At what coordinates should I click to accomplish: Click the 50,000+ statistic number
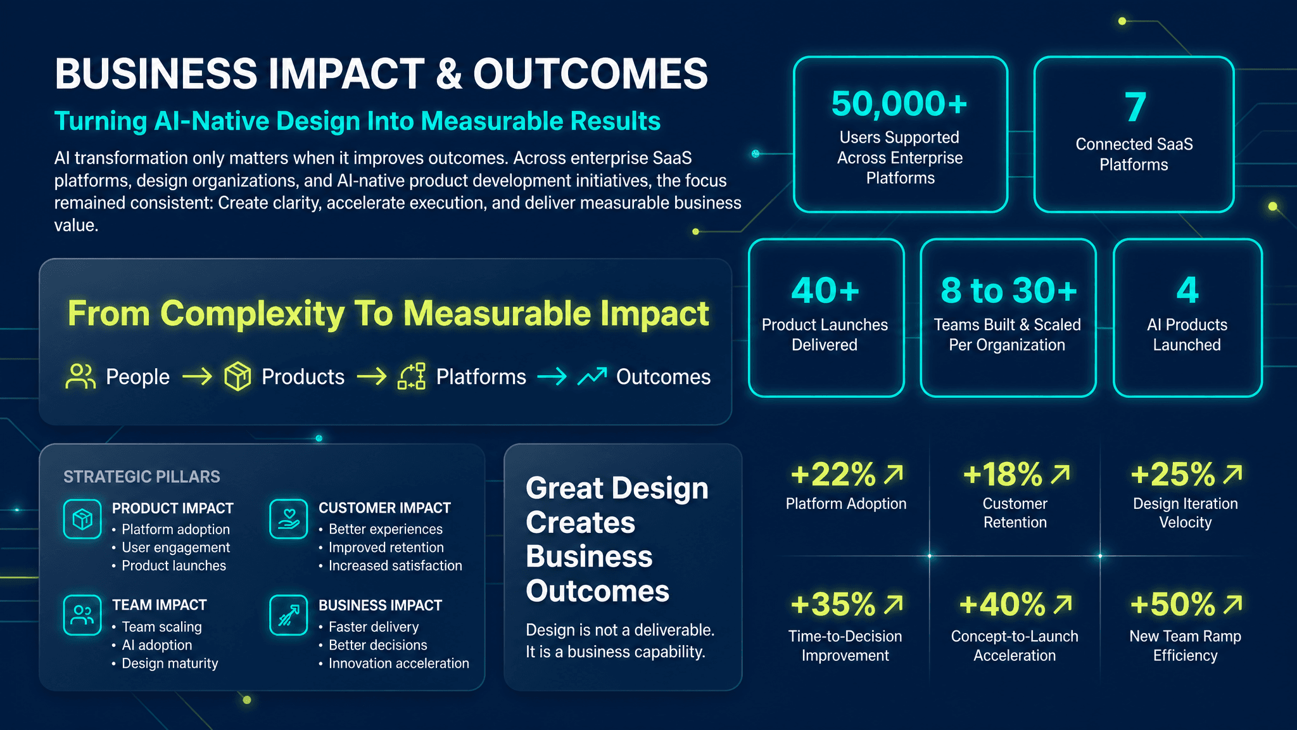(899, 104)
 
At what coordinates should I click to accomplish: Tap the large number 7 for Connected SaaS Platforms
(1135, 106)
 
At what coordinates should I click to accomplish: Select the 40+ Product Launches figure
(825, 290)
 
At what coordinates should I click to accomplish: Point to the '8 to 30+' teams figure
(1009, 290)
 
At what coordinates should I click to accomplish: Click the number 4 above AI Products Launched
(1187, 290)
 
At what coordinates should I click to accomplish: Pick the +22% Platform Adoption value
(833, 474)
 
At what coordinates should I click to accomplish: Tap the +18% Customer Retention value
(1002, 474)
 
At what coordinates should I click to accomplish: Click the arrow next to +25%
(1232, 474)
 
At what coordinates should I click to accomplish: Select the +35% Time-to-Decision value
(833, 605)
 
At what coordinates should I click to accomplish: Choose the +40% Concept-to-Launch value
(1002, 605)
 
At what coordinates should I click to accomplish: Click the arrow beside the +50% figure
(1232, 605)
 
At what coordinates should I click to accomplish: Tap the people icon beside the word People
(80, 376)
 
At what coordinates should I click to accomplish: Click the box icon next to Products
(237, 376)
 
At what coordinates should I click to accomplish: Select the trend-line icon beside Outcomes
(592, 376)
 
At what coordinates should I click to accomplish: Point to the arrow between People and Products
(198, 377)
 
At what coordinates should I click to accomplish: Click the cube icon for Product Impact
(82, 519)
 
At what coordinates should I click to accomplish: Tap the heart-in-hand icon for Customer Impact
(289, 519)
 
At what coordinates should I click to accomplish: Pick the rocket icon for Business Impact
(289, 615)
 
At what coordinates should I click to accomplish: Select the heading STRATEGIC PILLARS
(142, 477)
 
